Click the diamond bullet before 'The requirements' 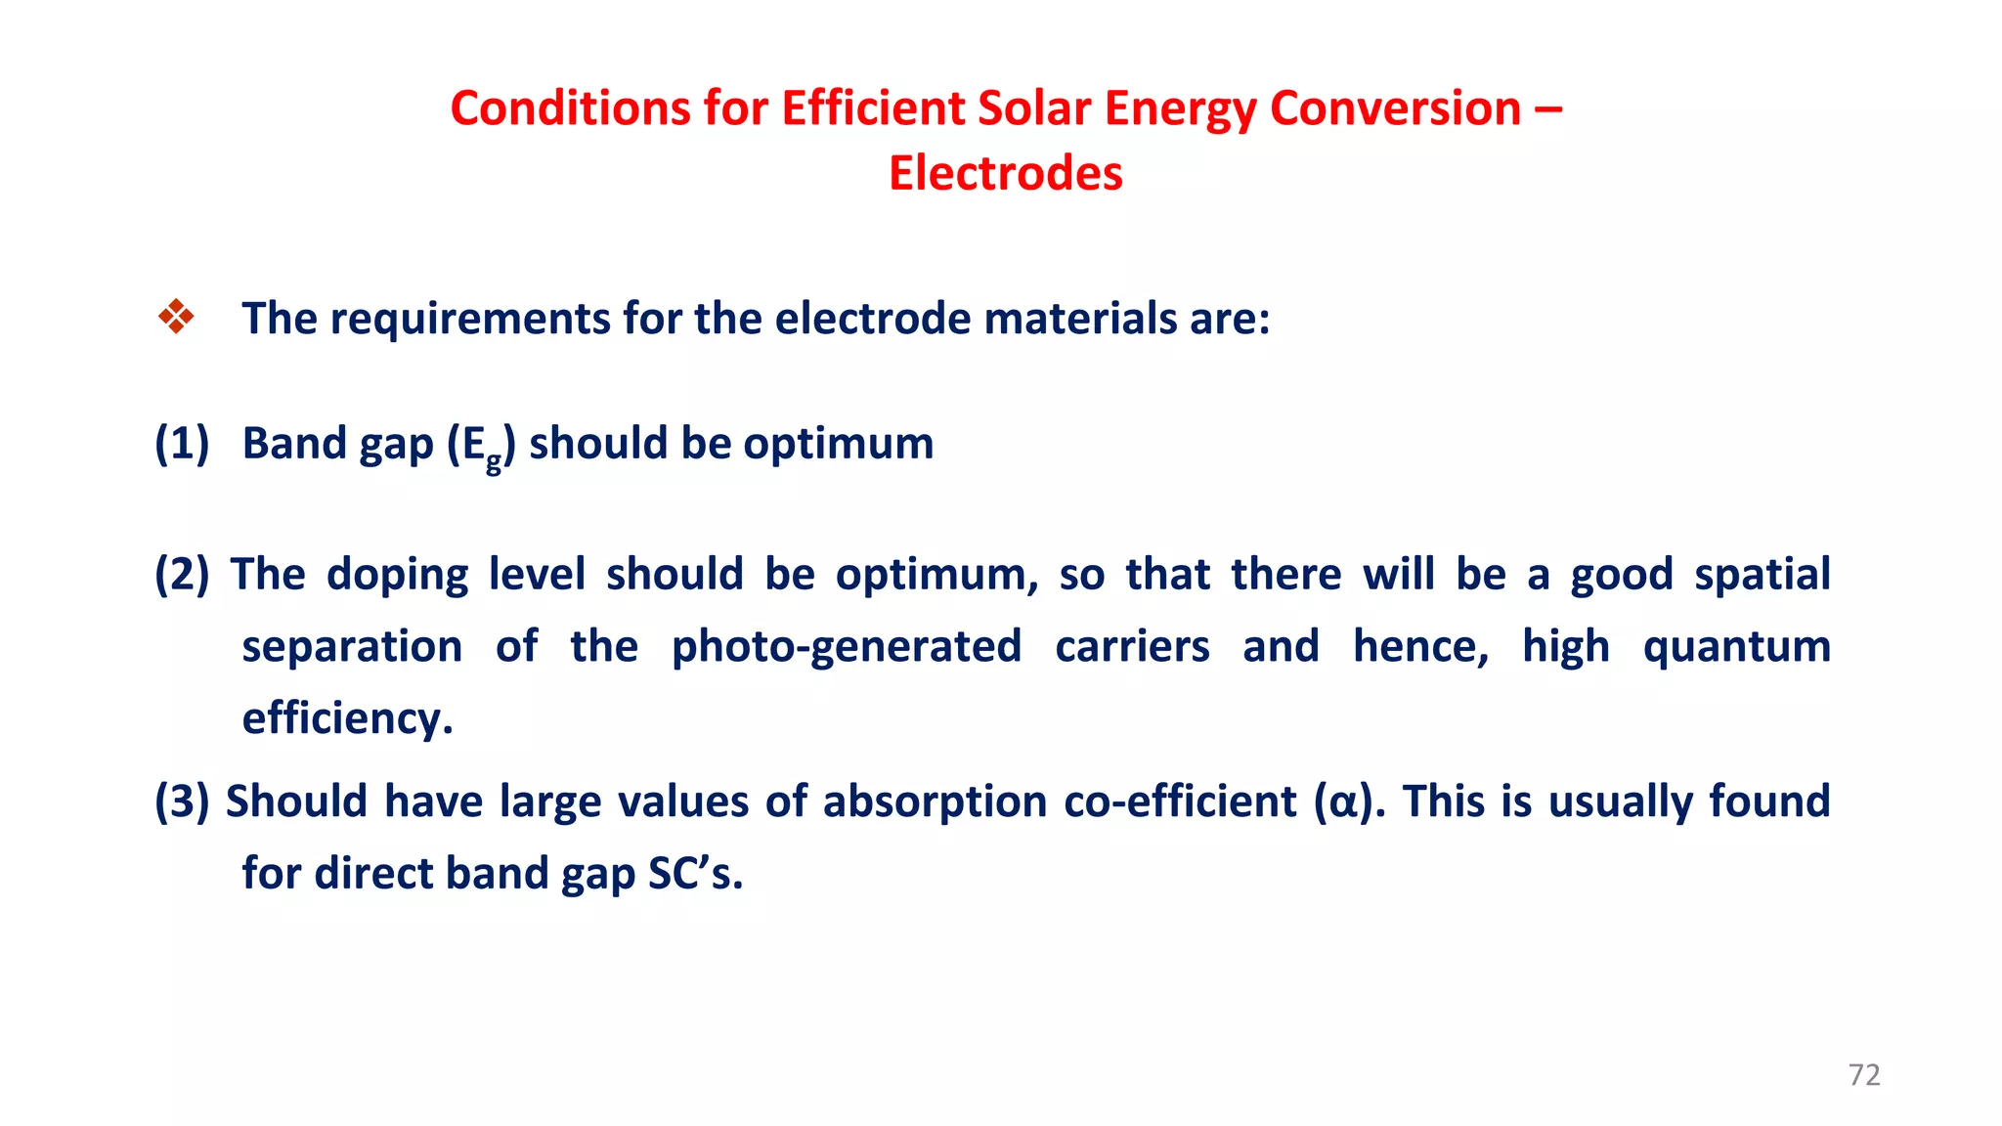point(176,317)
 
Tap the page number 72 point(1864,1075)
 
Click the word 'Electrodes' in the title point(1005,173)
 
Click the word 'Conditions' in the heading point(569,108)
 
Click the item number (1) point(182,444)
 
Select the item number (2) point(182,575)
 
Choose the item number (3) point(182,801)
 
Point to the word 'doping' point(397,575)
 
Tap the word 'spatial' point(1762,575)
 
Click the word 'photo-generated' point(847,647)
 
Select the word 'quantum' point(1736,647)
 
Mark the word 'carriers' point(1132,647)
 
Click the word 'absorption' point(935,801)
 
